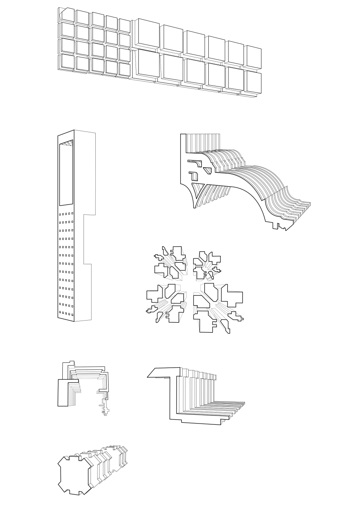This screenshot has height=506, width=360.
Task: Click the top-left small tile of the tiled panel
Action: point(68,15)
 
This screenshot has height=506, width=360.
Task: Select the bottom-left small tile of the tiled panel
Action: point(67,62)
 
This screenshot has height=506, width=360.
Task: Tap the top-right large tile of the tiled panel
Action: point(253,56)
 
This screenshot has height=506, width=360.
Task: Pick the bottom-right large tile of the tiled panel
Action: point(253,82)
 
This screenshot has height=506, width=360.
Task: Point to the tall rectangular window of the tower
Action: point(66,175)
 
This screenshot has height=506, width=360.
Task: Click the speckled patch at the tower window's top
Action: point(67,143)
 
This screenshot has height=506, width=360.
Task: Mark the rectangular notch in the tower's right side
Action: point(89,239)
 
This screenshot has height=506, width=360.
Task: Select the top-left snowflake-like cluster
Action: point(170,263)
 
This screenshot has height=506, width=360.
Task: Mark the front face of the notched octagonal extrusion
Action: point(75,474)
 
